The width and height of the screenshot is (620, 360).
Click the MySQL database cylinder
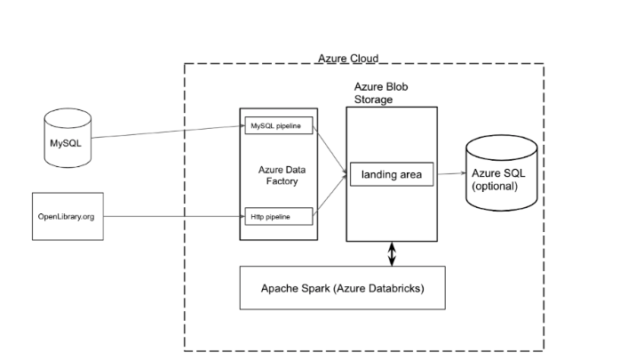68,139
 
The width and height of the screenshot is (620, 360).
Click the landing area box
390,175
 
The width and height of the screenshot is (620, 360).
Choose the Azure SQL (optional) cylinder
503,173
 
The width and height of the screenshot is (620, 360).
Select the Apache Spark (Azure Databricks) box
342,288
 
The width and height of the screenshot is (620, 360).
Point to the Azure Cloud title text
347,59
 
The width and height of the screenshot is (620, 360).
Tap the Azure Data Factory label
278,174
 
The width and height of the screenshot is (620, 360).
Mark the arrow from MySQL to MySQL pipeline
169,132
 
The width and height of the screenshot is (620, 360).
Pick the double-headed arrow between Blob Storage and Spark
392,253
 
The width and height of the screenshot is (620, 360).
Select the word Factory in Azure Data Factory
278,180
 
